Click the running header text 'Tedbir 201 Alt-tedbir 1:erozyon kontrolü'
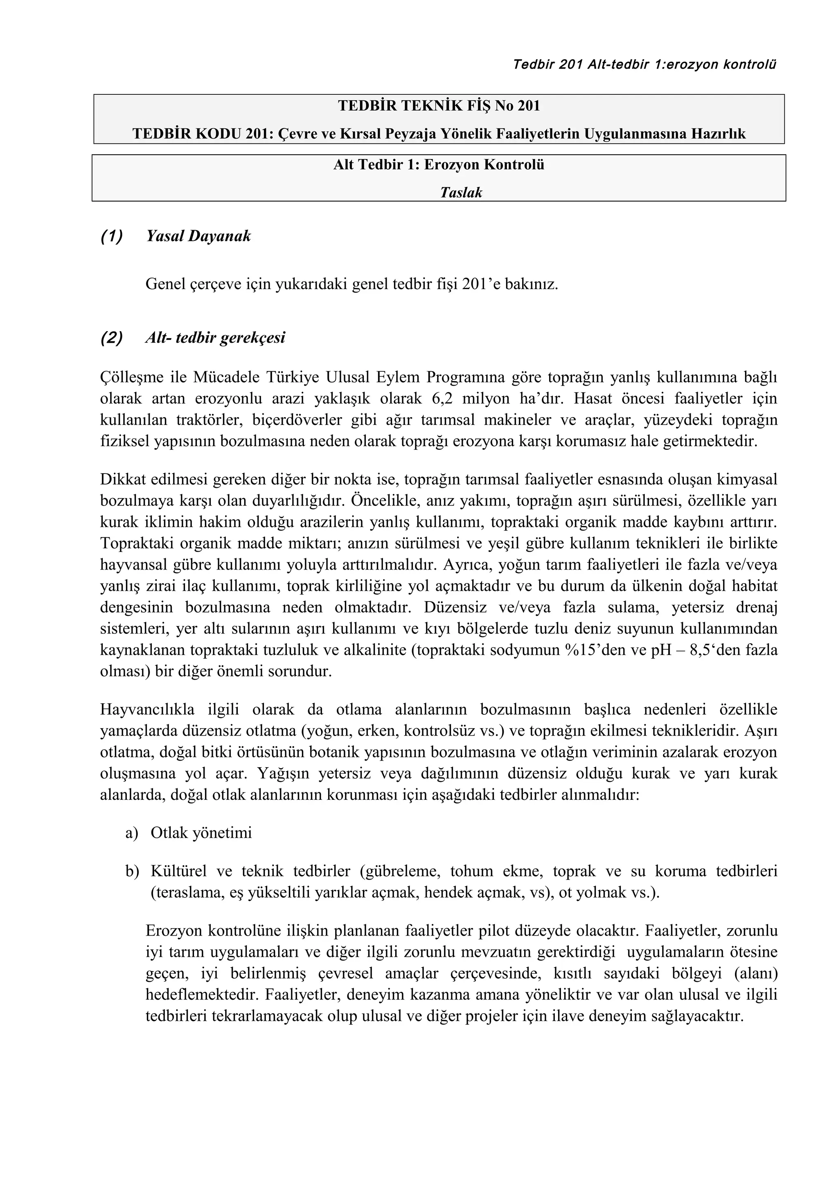coord(644,65)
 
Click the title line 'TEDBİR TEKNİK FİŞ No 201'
coord(439,106)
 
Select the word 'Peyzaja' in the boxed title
coord(413,134)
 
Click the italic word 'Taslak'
coord(461,193)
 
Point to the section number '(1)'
coord(112,236)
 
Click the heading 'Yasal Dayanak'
coord(198,236)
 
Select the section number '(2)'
coord(112,338)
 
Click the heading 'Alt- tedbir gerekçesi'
coord(215,338)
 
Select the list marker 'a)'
coord(132,833)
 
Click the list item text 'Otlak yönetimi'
coord(201,833)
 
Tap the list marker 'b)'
coord(132,871)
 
